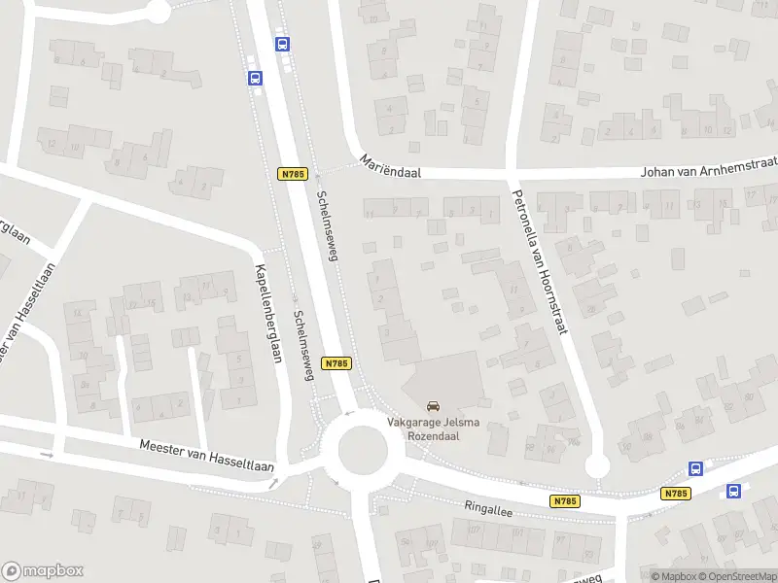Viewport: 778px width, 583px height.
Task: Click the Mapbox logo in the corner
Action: pyautogui.click(x=43, y=571)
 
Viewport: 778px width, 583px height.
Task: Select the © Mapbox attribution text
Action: pyautogui.click(x=673, y=576)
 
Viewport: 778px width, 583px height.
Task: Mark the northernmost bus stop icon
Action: pyautogui.click(x=282, y=44)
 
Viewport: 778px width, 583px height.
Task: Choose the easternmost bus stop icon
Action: pyautogui.click(x=734, y=491)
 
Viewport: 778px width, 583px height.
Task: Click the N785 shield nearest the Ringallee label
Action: pyautogui.click(x=564, y=501)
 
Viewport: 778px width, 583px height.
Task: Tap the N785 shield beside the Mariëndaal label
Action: pyautogui.click(x=292, y=174)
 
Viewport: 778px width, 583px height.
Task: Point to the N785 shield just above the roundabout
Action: pyautogui.click(x=336, y=362)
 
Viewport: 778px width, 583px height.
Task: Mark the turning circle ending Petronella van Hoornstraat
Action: pyautogui.click(x=597, y=466)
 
